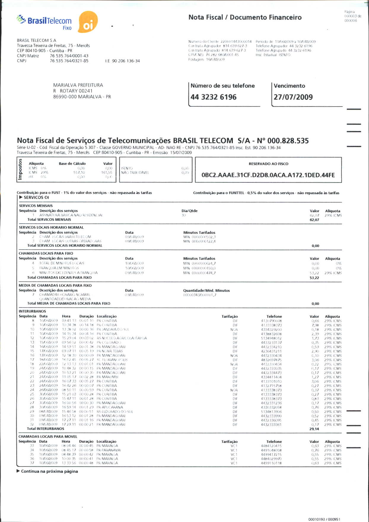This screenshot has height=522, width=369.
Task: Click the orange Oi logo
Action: click(88, 22)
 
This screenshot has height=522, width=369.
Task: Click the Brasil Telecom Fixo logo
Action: click(44, 22)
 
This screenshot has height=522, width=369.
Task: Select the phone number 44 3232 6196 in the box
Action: click(214, 97)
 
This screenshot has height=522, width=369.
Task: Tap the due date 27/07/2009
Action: click(293, 97)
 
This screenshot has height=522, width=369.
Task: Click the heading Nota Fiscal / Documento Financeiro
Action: click(245, 18)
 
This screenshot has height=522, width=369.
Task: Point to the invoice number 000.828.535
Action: click(288, 141)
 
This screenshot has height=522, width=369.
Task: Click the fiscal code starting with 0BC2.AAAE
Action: click(268, 175)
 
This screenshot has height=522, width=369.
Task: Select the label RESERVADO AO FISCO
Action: click(268, 164)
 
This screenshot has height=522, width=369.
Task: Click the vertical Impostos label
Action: click(20, 169)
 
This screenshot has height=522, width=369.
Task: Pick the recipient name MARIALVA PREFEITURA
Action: click(78, 85)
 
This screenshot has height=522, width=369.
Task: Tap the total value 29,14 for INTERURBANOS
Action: click(314, 429)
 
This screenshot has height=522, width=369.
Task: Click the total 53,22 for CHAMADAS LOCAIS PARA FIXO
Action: click(314, 278)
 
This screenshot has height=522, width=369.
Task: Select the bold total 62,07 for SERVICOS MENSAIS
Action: click(314, 220)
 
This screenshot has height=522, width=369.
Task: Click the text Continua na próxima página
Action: click(49, 471)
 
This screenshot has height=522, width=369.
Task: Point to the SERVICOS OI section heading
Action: click(36, 197)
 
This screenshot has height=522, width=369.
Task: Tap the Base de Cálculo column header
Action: click(72, 164)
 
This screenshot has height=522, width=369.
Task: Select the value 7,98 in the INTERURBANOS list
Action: click(315, 325)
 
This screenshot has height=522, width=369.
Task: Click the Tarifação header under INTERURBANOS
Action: click(230, 317)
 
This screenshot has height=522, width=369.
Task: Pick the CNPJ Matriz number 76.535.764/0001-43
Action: click(69, 56)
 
